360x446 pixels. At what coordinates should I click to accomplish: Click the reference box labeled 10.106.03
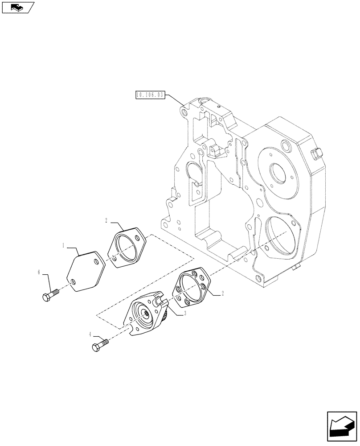(149, 95)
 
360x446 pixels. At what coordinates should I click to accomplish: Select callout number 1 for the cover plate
(64, 245)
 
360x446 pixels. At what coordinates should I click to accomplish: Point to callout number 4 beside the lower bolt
(91, 334)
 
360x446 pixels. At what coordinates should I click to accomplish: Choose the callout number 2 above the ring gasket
(106, 220)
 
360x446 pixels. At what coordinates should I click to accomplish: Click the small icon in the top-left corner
(17, 7)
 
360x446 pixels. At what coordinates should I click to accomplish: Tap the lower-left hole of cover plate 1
(73, 281)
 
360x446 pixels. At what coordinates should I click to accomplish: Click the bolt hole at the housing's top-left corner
(182, 108)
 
